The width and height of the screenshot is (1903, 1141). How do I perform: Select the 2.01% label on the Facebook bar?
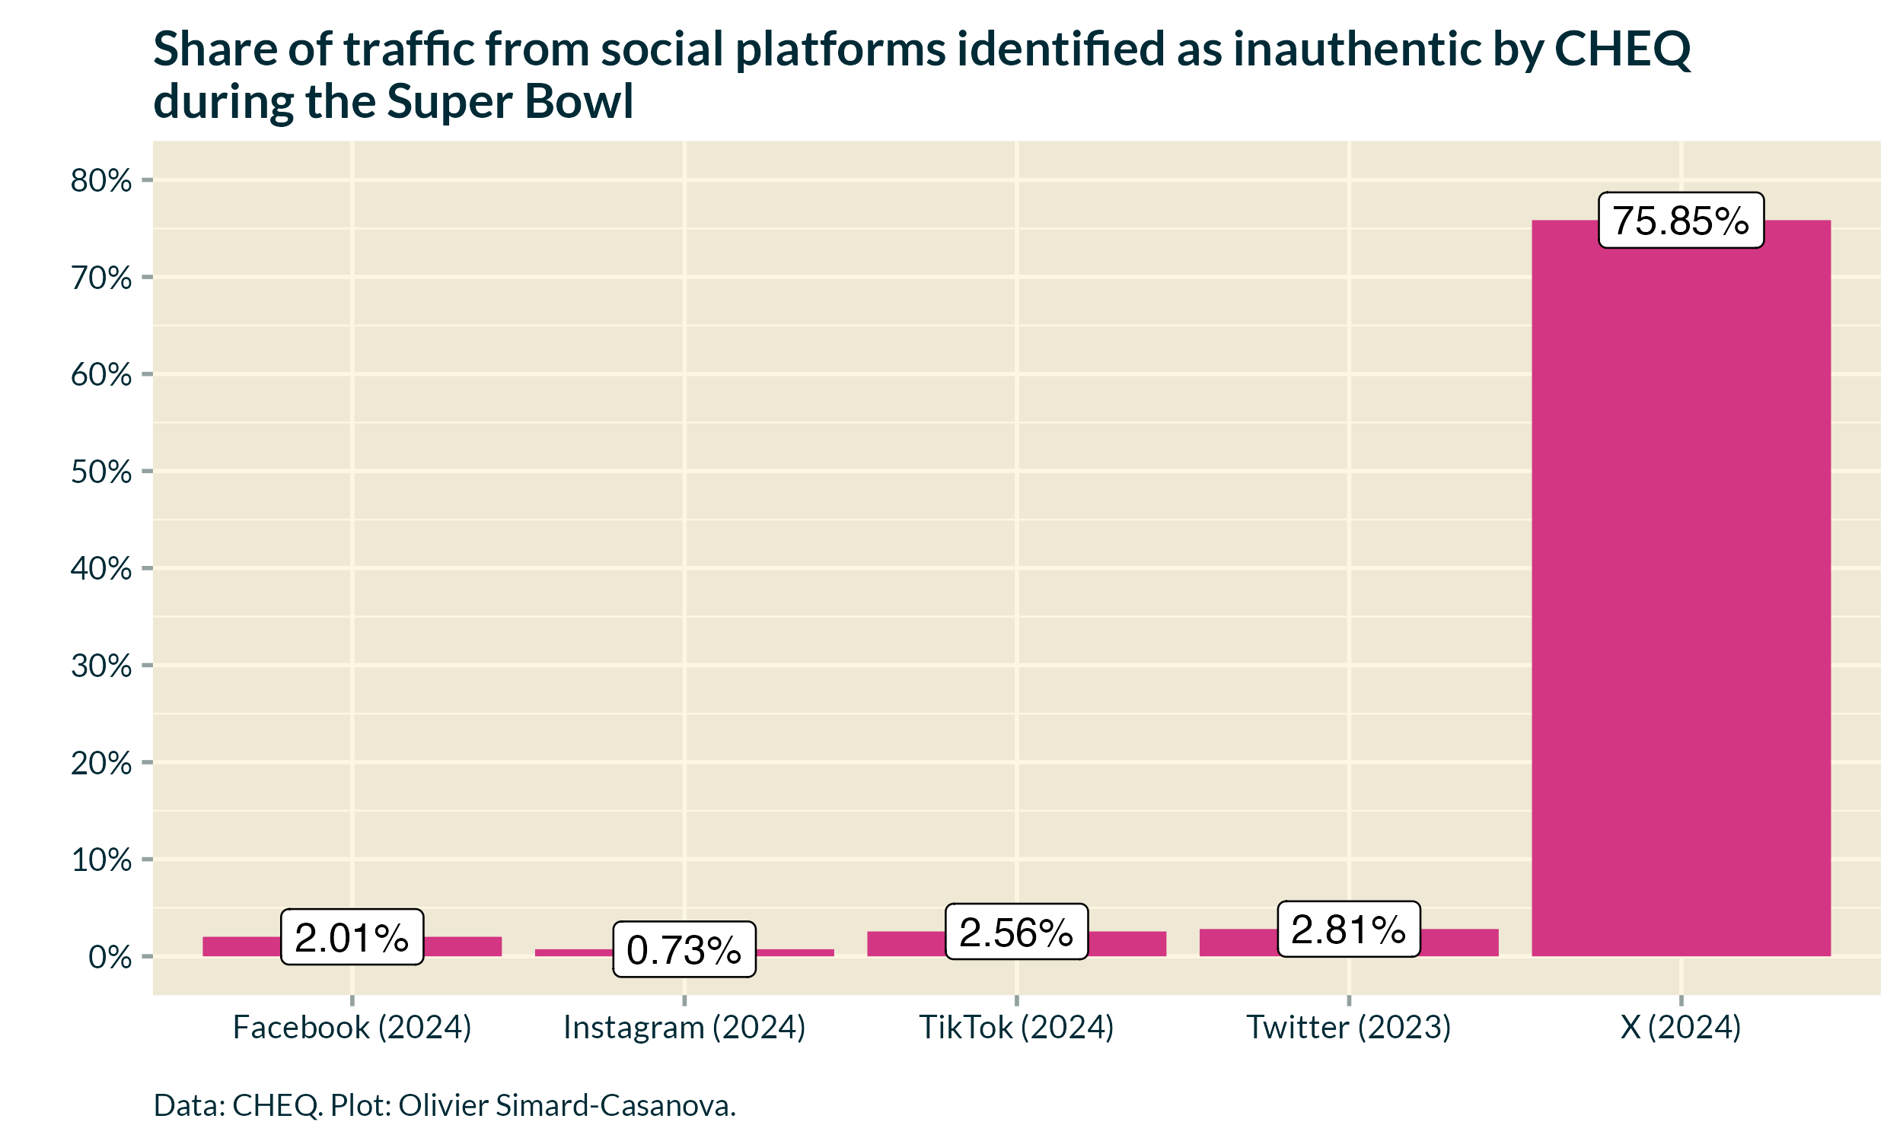tap(352, 937)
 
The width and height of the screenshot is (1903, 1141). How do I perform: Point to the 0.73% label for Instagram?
tap(684, 949)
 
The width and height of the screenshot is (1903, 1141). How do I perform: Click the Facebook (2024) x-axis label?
tap(352, 1027)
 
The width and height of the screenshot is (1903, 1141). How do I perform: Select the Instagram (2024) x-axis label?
tap(684, 1027)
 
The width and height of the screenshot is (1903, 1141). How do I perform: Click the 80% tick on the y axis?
tap(100, 181)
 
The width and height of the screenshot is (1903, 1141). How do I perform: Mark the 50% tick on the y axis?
tap(100, 472)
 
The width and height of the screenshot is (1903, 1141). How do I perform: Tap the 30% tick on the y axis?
tap(100, 666)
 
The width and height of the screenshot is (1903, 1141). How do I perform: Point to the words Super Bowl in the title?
tap(509, 100)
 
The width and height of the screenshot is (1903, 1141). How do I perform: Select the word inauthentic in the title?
tap(1358, 49)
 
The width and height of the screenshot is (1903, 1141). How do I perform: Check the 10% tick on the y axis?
tap(100, 860)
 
